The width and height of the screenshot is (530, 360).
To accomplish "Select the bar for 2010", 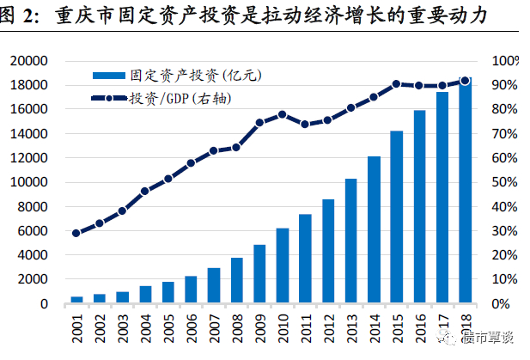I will click(x=282, y=265).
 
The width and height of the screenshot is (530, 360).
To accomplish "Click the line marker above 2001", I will click(x=76, y=233).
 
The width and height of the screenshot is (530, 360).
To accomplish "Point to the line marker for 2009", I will click(x=259, y=123).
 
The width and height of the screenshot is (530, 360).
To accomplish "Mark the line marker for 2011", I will click(x=305, y=125).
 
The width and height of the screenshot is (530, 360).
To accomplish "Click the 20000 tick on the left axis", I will click(x=37, y=61).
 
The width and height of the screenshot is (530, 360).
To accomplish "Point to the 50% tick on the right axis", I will click(x=504, y=182).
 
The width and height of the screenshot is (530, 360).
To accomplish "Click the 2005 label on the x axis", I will click(x=168, y=328).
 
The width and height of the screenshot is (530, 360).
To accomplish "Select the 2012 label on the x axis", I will click(x=328, y=328).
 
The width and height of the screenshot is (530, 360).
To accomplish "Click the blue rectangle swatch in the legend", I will click(x=108, y=76).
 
